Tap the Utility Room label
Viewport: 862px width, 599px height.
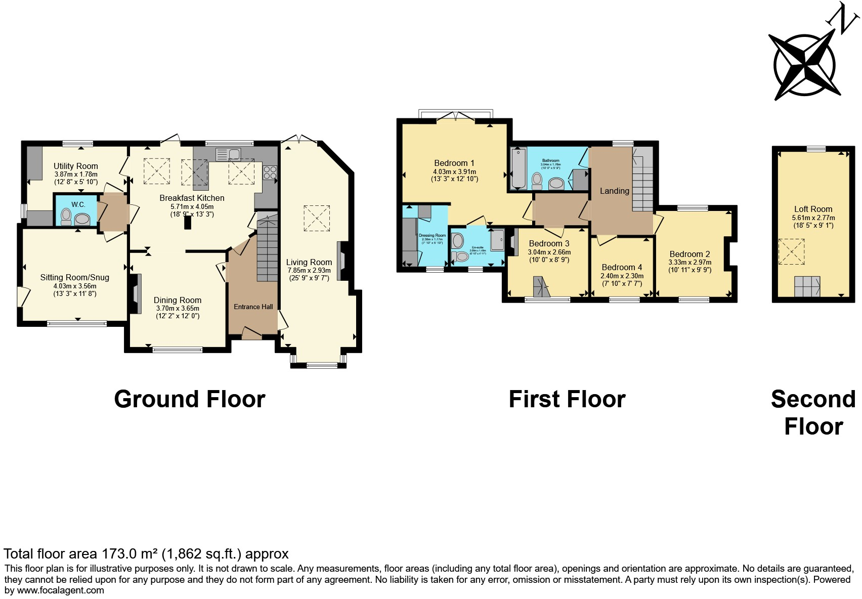[76, 166]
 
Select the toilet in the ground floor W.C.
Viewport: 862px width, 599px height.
[66, 217]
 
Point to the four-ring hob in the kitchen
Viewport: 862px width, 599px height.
[270, 173]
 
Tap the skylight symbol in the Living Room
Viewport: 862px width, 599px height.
[317, 219]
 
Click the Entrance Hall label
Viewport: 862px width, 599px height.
[253, 307]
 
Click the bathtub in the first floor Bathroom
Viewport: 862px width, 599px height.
[519, 168]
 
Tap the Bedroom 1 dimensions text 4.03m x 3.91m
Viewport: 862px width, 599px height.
[454, 172]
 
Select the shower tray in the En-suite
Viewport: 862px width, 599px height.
[497, 240]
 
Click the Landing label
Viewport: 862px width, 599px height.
[614, 191]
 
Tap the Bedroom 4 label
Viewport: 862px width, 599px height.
[622, 267]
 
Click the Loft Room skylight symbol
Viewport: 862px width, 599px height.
[791, 251]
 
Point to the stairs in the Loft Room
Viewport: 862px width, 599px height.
[807, 286]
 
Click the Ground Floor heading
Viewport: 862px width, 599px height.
[189, 399]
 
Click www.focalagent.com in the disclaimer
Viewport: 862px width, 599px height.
[60, 590]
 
